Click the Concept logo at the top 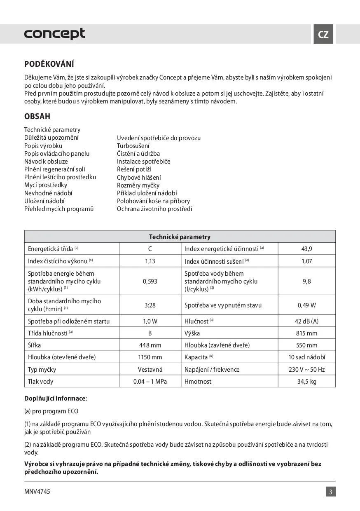pyautogui.click(x=55, y=33)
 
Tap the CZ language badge pyautogui.click(x=323, y=34)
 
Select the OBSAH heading pyautogui.click(x=37, y=117)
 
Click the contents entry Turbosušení pyautogui.click(x=133, y=146)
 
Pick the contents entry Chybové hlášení pyautogui.click(x=139, y=177)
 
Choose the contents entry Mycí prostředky pyautogui.click(x=46, y=185)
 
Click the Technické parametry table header pyautogui.click(x=180, y=237)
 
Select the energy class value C pyautogui.click(x=150, y=249)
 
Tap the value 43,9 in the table pyautogui.click(x=307, y=249)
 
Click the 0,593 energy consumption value pyautogui.click(x=150, y=281)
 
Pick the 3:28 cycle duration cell pyautogui.click(x=150, y=305)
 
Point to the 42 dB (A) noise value pyautogui.click(x=307, y=321)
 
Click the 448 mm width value pyautogui.click(x=150, y=345)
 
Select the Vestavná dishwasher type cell pyautogui.click(x=150, y=370)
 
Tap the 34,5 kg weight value pyautogui.click(x=307, y=382)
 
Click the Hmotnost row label pyautogui.click(x=198, y=382)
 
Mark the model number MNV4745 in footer pyautogui.click(x=37, y=492)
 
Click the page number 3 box pyautogui.click(x=331, y=492)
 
